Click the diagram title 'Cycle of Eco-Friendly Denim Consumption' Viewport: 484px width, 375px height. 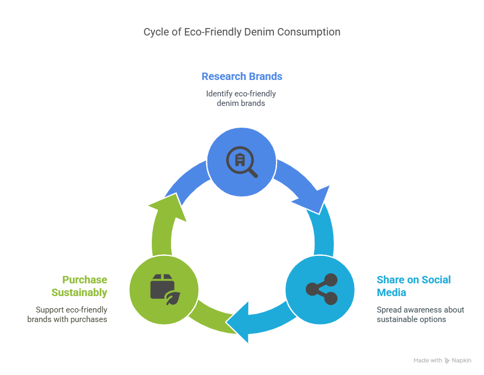coord(241,32)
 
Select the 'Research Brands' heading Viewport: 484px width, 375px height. coord(241,76)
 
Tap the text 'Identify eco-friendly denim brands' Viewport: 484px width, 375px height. coord(241,99)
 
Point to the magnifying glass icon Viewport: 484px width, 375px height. coord(241,160)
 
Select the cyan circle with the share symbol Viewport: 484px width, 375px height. coord(320,289)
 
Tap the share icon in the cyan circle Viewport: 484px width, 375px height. coord(321,289)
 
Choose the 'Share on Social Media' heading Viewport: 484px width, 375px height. coord(413,286)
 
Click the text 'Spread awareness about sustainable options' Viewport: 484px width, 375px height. coord(420,315)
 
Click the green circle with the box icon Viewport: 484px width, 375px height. coord(164,289)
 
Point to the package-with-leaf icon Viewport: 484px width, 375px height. coord(165,289)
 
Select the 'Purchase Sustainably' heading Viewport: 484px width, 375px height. coord(80,286)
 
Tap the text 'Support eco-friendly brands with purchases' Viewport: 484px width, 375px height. coord(67,315)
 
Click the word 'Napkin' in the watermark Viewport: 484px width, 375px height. coord(461,361)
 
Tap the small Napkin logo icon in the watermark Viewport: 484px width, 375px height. coord(447,361)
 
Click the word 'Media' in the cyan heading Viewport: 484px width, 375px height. coord(391,293)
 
